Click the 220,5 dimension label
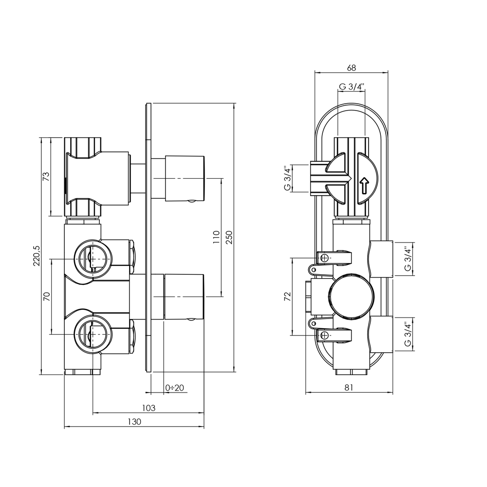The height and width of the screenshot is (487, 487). coord(35,257)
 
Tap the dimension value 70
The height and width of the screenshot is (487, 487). coord(47,296)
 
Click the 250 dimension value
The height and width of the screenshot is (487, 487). coord(229,238)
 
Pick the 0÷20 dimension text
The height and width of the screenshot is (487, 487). coord(174,388)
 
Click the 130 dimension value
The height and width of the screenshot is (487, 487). coord(134,422)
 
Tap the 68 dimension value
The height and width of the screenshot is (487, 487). coord(352,68)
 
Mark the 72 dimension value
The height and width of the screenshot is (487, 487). coord(287,296)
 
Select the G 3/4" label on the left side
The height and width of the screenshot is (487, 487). coord(287,178)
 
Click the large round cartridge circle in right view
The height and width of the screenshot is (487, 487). coord(351,296)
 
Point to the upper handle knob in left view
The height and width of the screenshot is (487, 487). coord(185,178)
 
